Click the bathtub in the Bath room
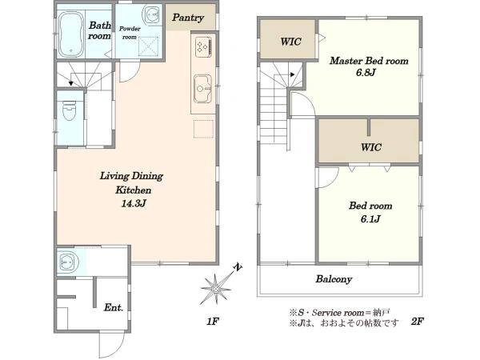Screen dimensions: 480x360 [x=70, y=34]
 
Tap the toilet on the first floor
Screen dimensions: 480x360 [x=69, y=110]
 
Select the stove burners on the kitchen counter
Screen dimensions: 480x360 [x=203, y=47]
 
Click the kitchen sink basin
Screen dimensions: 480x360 [x=202, y=89]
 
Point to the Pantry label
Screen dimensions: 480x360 [x=188, y=18]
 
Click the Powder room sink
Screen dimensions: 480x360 [x=151, y=14]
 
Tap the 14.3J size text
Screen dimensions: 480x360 [x=134, y=203]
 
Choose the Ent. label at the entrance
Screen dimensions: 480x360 [x=114, y=307]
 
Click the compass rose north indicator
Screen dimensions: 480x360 [x=238, y=267]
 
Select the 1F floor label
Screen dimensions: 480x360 [x=213, y=322]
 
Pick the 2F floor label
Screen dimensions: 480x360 [x=418, y=322]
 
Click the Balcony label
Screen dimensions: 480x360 [x=334, y=279]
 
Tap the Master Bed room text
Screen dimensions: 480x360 [x=369, y=61]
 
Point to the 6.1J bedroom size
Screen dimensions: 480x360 [x=370, y=219]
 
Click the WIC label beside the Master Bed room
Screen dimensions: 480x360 [x=291, y=42]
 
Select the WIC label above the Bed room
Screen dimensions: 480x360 [x=371, y=147]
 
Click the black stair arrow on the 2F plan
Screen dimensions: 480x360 [x=292, y=74]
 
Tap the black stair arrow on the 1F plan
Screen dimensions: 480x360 [x=71, y=83]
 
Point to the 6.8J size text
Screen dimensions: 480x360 [x=366, y=73]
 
